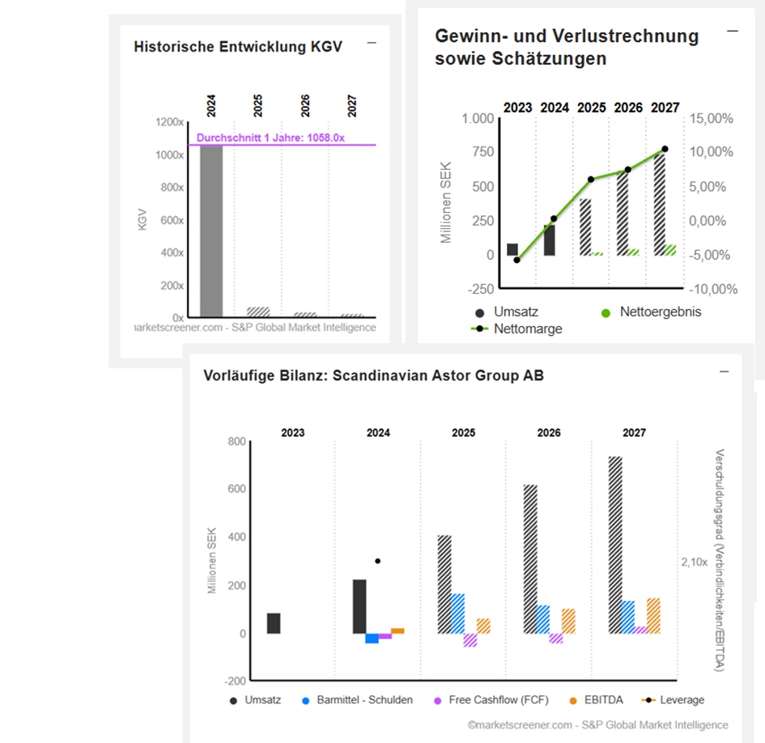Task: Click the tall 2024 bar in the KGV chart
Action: tap(211, 231)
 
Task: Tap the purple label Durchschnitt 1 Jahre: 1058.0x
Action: tap(270, 138)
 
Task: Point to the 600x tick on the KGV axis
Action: tap(170, 220)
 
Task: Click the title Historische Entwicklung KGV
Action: tap(238, 47)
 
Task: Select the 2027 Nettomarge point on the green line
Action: tap(665, 149)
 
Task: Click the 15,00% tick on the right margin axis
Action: tap(712, 119)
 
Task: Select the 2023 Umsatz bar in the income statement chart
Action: tap(512, 249)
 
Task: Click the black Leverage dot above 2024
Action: tap(377, 561)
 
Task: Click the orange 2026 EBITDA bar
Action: tap(568, 621)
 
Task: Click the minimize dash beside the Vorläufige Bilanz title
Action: tap(725, 371)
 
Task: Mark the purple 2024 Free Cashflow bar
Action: tap(385, 636)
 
